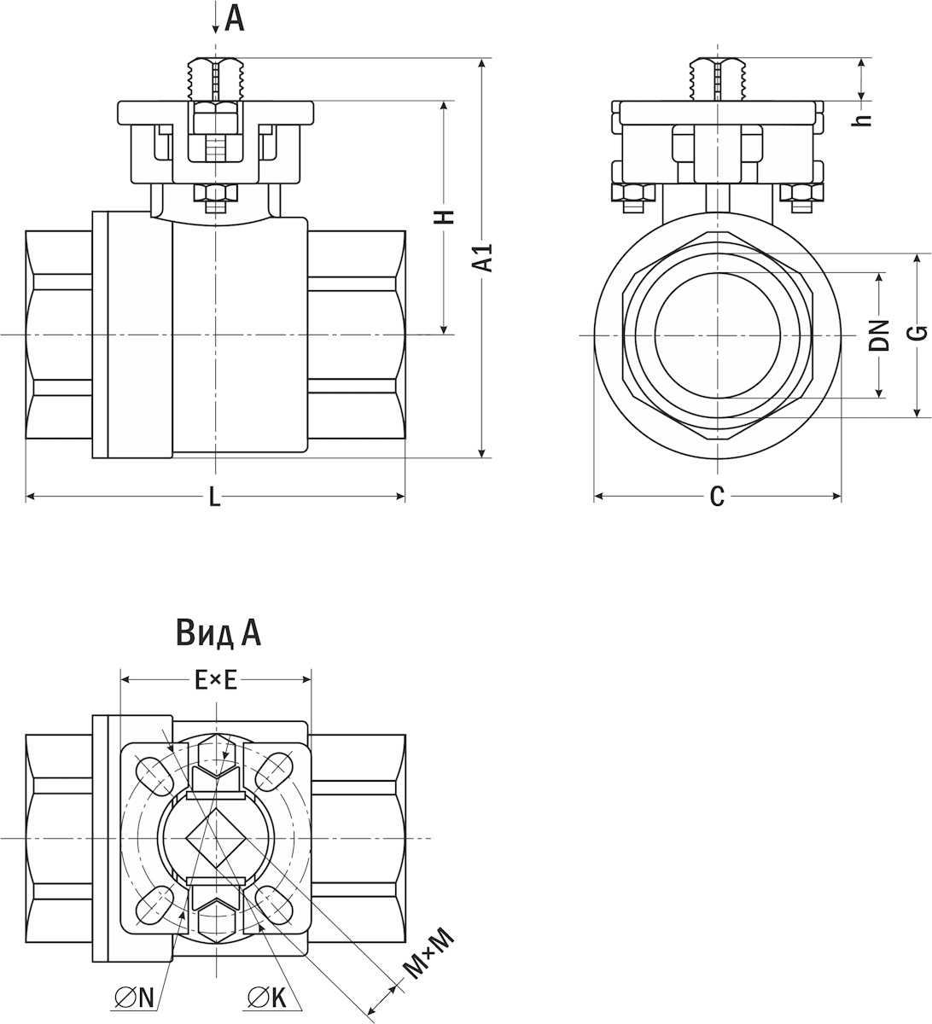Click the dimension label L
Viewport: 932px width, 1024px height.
(215, 497)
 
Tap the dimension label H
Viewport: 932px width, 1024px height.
(444, 217)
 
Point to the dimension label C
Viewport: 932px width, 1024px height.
(717, 497)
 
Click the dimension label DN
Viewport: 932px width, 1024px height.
(880, 335)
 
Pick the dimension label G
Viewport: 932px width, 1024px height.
(917, 333)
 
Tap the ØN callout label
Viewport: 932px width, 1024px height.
(134, 996)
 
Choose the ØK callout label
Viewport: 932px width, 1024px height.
(266, 996)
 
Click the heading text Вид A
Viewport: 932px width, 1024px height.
(218, 632)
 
